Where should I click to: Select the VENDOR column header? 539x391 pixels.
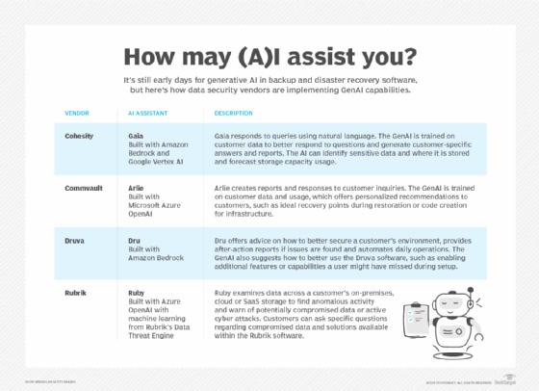[x=79, y=112]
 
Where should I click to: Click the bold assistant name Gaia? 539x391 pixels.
[x=138, y=136]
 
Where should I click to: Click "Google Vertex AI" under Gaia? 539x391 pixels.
[x=160, y=162]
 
